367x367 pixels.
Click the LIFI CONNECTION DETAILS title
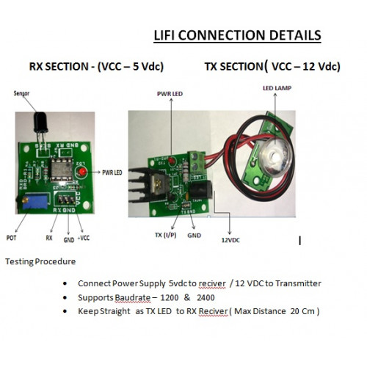237,35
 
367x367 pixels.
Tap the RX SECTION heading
96,67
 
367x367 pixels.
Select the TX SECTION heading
272,66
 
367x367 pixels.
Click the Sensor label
21,93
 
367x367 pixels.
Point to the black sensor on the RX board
41,123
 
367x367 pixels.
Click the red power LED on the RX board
82,172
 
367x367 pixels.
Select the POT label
11,238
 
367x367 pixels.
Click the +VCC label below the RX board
84,238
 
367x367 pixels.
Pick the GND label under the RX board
69,240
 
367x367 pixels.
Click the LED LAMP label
277,88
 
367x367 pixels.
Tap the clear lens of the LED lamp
275,156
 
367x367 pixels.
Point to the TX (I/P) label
166,235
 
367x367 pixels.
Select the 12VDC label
230,240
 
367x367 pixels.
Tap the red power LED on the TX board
172,160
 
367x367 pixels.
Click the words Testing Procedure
40,261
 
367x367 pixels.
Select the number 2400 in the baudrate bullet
206,297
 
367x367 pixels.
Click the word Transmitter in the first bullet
298,283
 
